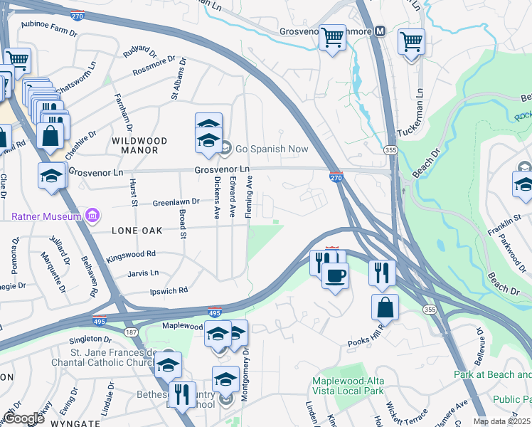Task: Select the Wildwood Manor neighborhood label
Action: click(x=139, y=141)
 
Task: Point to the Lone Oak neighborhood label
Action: click(x=137, y=231)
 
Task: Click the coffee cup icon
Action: click(x=335, y=275)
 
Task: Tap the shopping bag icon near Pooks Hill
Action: click(x=385, y=307)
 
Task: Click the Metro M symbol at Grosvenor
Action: click(x=380, y=31)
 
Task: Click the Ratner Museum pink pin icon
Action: click(x=92, y=215)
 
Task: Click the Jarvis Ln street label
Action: click(x=143, y=273)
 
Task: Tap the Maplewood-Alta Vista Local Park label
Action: click(x=348, y=386)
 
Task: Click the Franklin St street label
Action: click(x=499, y=231)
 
